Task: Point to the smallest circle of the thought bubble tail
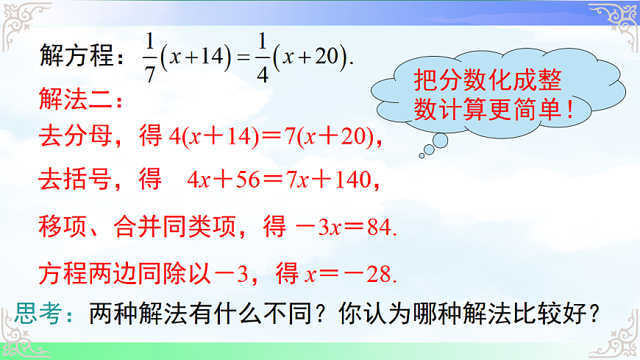(422, 155)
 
